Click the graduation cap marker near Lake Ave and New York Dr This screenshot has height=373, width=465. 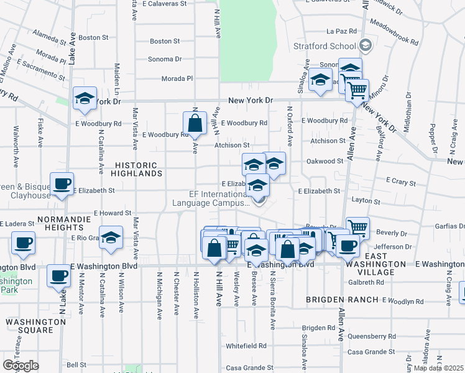pyautogui.click(x=85, y=98)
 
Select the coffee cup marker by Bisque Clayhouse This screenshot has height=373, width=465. pyautogui.click(x=62, y=184)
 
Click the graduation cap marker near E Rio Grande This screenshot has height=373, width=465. pyautogui.click(x=111, y=237)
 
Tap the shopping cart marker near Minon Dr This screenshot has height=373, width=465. pyautogui.click(x=357, y=90)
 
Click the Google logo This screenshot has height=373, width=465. pyautogui.click(x=21, y=366)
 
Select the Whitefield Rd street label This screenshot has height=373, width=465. pyautogui.click(x=246, y=346)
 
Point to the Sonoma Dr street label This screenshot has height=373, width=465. pyautogui.click(x=165, y=60)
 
